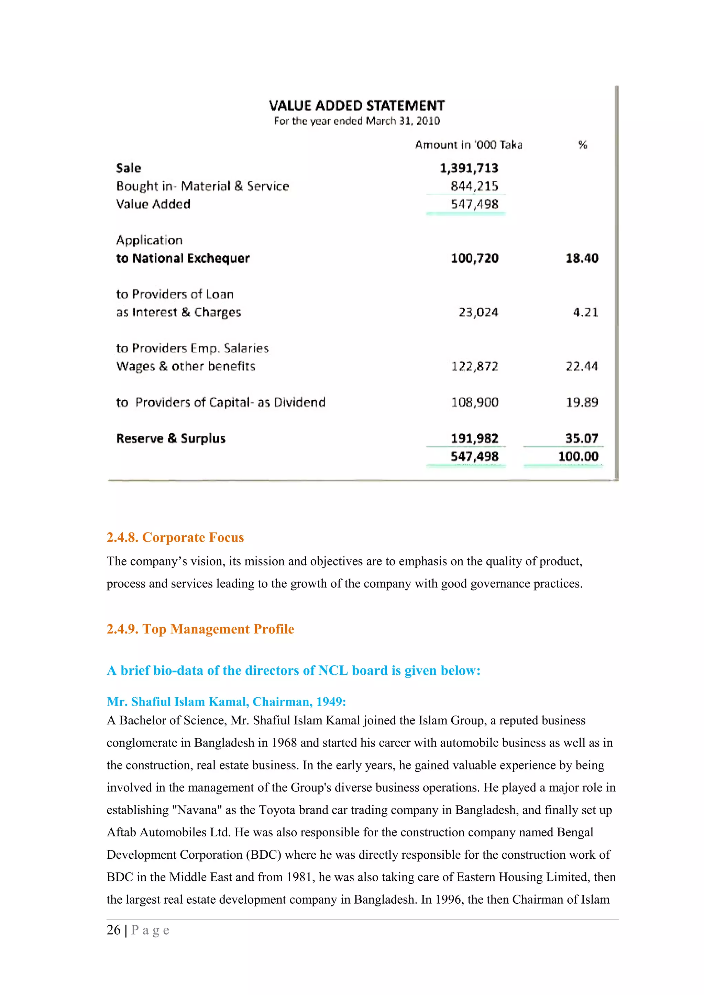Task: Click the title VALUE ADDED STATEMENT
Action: [x=356, y=105]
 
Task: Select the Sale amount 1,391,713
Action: [x=469, y=168]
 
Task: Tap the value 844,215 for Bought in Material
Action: [x=474, y=186]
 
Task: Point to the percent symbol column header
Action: [x=583, y=145]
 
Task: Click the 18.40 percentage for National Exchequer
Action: [x=582, y=258]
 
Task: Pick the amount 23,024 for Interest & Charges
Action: [x=478, y=312]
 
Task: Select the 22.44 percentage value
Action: [x=582, y=367]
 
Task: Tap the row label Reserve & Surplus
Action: [x=171, y=438]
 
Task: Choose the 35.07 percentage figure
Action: [x=582, y=438]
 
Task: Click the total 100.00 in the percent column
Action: [x=578, y=456]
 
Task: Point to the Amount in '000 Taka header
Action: [x=469, y=145]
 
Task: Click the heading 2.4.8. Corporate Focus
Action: [x=175, y=537]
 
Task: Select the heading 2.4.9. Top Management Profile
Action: [x=200, y=629]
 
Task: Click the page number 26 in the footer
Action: [x=114, y=930]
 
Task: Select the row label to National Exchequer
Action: [x=183, y=258]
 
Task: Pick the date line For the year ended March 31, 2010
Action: [x=356, y=121]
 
